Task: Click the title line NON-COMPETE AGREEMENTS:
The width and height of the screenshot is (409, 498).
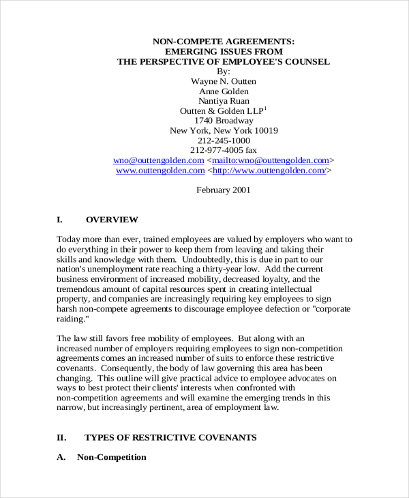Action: (x=224, y=41)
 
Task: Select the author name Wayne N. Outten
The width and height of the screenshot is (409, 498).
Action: (x=224, y=80)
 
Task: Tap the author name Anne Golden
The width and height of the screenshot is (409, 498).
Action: (x=224, y=91)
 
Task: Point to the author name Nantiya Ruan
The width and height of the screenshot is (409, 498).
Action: (x=224, y=101)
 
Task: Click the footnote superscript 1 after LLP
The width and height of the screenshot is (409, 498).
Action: (x=266, y=108)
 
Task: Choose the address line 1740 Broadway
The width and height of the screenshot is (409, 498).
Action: (x=224, y=121)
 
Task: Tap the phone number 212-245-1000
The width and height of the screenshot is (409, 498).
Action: (x=224, y=141)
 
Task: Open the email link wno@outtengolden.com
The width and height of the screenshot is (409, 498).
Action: (x=160, y=161)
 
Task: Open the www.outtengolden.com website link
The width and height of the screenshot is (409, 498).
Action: (x=160, y=171)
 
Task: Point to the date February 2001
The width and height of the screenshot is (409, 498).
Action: (x=224, y=190)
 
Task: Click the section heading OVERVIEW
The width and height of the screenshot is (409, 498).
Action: (x=112, y=220)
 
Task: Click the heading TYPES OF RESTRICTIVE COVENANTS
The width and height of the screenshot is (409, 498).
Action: (x=170, y=437)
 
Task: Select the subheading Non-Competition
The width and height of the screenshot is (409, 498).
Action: (x=112, y=457)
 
